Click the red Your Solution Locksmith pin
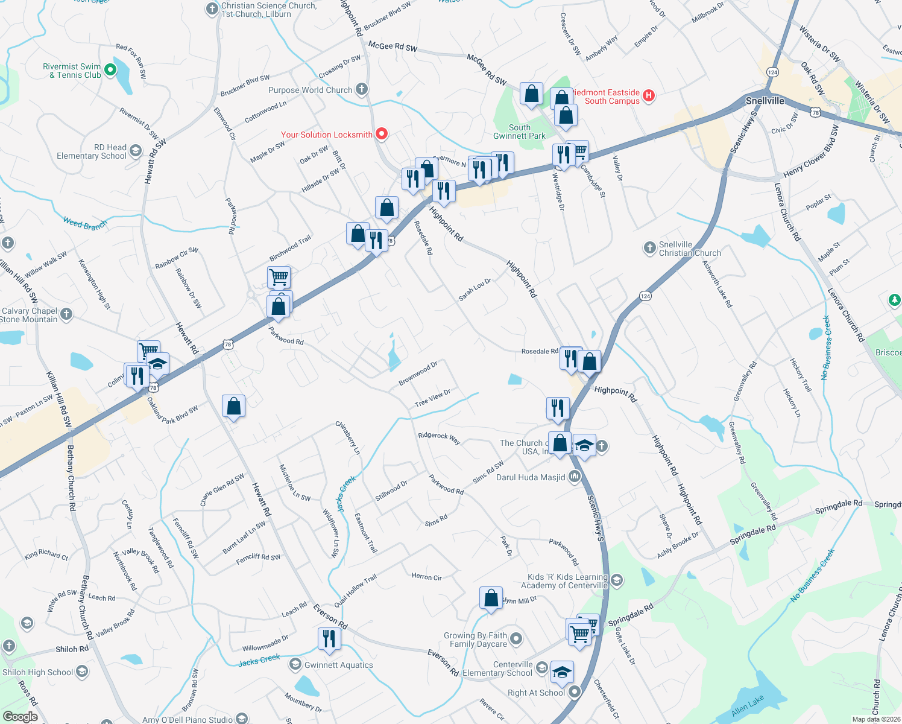tap(381, 133)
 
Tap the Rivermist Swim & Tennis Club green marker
tap(110, 70)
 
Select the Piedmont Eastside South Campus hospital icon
tap(649, 95)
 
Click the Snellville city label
tap(765, 101)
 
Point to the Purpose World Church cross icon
tap(362, 90)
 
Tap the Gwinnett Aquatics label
tap(338, 665)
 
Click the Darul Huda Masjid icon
tap(574, 477)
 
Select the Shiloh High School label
tap(37, 672)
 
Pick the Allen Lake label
tap(747, 706)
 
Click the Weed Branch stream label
tap(85, 224)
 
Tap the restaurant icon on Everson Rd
tap(329, 638)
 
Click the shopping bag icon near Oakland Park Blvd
tap(233, 407)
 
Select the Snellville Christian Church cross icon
tap(649, 247)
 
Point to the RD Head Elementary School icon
tap(136, 150)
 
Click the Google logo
tap(20, 717)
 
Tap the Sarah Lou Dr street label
tap(475, 290)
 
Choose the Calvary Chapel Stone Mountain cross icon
tap(66, 314)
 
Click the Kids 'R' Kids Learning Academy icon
tap(616, 580)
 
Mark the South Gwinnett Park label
tap(519, 132)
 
